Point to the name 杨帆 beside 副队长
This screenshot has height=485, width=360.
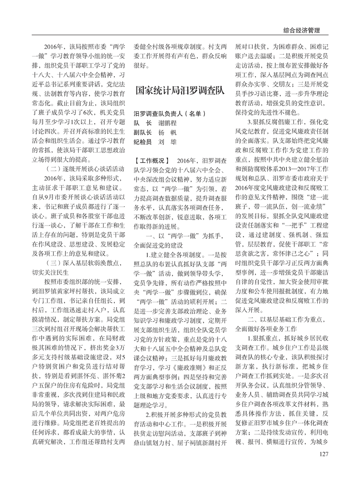pos(167,133)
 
